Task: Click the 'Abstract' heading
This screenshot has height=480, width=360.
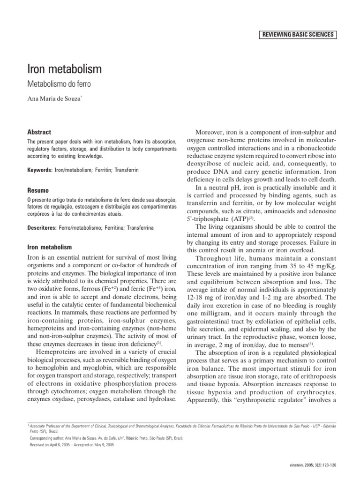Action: [x=39, y=133]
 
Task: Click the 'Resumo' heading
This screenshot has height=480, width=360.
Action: [x=39, y=191]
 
